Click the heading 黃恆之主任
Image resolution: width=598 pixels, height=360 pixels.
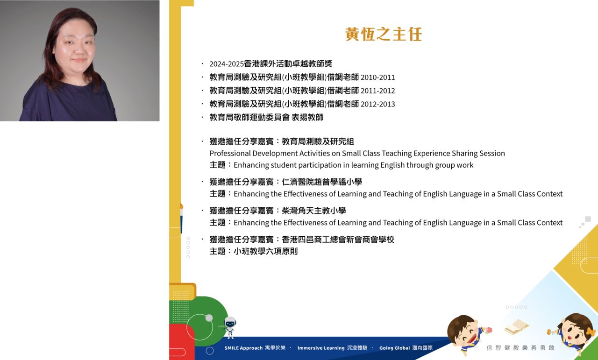384,34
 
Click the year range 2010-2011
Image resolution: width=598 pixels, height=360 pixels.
377,78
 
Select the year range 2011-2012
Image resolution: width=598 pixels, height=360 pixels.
377,91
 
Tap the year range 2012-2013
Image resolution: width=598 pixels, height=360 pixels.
377,104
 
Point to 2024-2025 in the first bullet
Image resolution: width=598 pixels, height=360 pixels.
227,64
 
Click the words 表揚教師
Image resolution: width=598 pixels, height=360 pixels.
307,117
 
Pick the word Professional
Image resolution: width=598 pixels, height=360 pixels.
230,154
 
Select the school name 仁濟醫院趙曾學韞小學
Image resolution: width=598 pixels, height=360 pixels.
322,182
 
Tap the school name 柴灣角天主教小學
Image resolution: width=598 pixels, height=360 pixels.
313,211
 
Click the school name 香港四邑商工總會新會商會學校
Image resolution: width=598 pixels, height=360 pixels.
338,240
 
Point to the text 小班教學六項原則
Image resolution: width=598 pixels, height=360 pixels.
266,251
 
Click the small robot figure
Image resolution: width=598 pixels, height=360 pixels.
229,327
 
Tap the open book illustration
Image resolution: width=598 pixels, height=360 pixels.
516,327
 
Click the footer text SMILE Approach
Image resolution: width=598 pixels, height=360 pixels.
243,348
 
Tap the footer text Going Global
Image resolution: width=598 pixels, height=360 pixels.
394,348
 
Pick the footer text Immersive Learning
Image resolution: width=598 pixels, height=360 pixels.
321,348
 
